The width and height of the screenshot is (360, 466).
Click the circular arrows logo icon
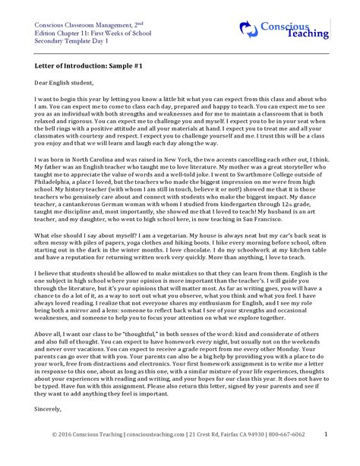point(249,29)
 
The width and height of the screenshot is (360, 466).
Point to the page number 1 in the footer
point(326,433)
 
